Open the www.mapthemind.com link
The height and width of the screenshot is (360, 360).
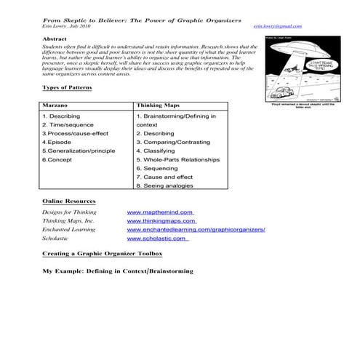pos(159,212)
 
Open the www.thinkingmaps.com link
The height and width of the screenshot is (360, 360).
pos(161,220)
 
